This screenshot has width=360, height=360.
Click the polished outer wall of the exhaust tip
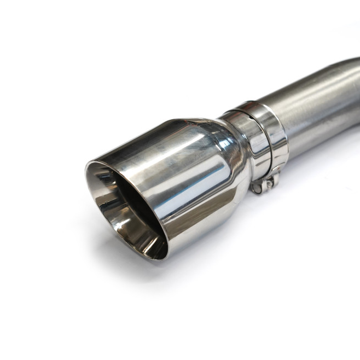(186, 181)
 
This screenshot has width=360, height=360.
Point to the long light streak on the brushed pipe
(312, 93)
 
